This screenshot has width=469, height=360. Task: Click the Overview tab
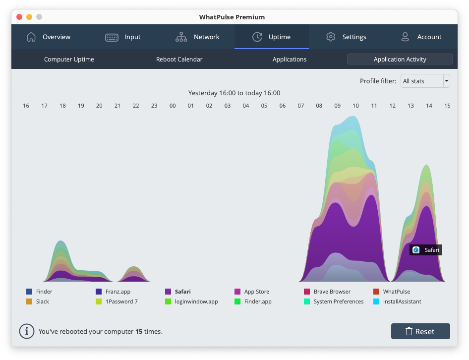click(x=49, y=37)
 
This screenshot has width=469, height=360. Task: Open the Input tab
click(x=123, y=37)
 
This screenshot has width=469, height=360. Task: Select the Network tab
click(x=197, y=37)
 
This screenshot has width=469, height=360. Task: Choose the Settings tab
click(x=346, y=37)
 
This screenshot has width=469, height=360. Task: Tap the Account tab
click(x=421, y=37)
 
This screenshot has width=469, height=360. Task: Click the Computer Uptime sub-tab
click(x=69, y=60)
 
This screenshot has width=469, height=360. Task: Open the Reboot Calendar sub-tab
click(x=179, y=60)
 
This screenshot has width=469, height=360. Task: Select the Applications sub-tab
click(x=290, y=60)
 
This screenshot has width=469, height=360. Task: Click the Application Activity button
click(x=400, y=60)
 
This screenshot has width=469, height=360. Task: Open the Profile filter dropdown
click(x=425, y=81)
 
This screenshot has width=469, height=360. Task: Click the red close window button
click(x=19, y=17)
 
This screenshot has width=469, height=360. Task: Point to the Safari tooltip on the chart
click(x=425, y=250)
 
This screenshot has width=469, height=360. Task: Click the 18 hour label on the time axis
click(x=62, y=106)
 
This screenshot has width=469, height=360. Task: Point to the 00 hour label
click(x=173, y=106)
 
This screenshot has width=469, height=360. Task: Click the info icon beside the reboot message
click(x=26, y=331)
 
